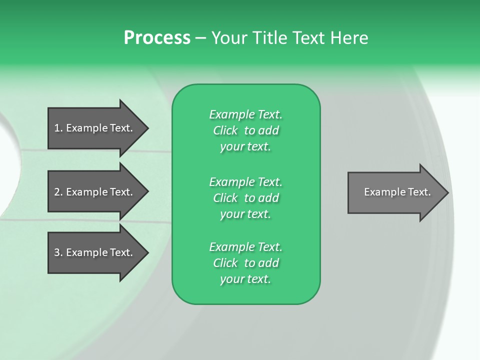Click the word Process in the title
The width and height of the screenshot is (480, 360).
157,38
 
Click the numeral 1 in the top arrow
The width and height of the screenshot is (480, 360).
57,128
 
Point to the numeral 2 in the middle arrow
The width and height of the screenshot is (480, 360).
57,192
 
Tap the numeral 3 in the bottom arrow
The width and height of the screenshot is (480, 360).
57,252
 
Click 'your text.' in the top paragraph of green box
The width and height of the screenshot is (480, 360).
245,147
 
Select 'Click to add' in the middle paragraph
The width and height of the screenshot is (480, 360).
245,198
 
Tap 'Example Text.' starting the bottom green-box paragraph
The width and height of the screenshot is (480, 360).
245,247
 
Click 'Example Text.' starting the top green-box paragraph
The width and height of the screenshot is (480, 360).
245,114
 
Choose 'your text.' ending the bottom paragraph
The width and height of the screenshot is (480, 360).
245,279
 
